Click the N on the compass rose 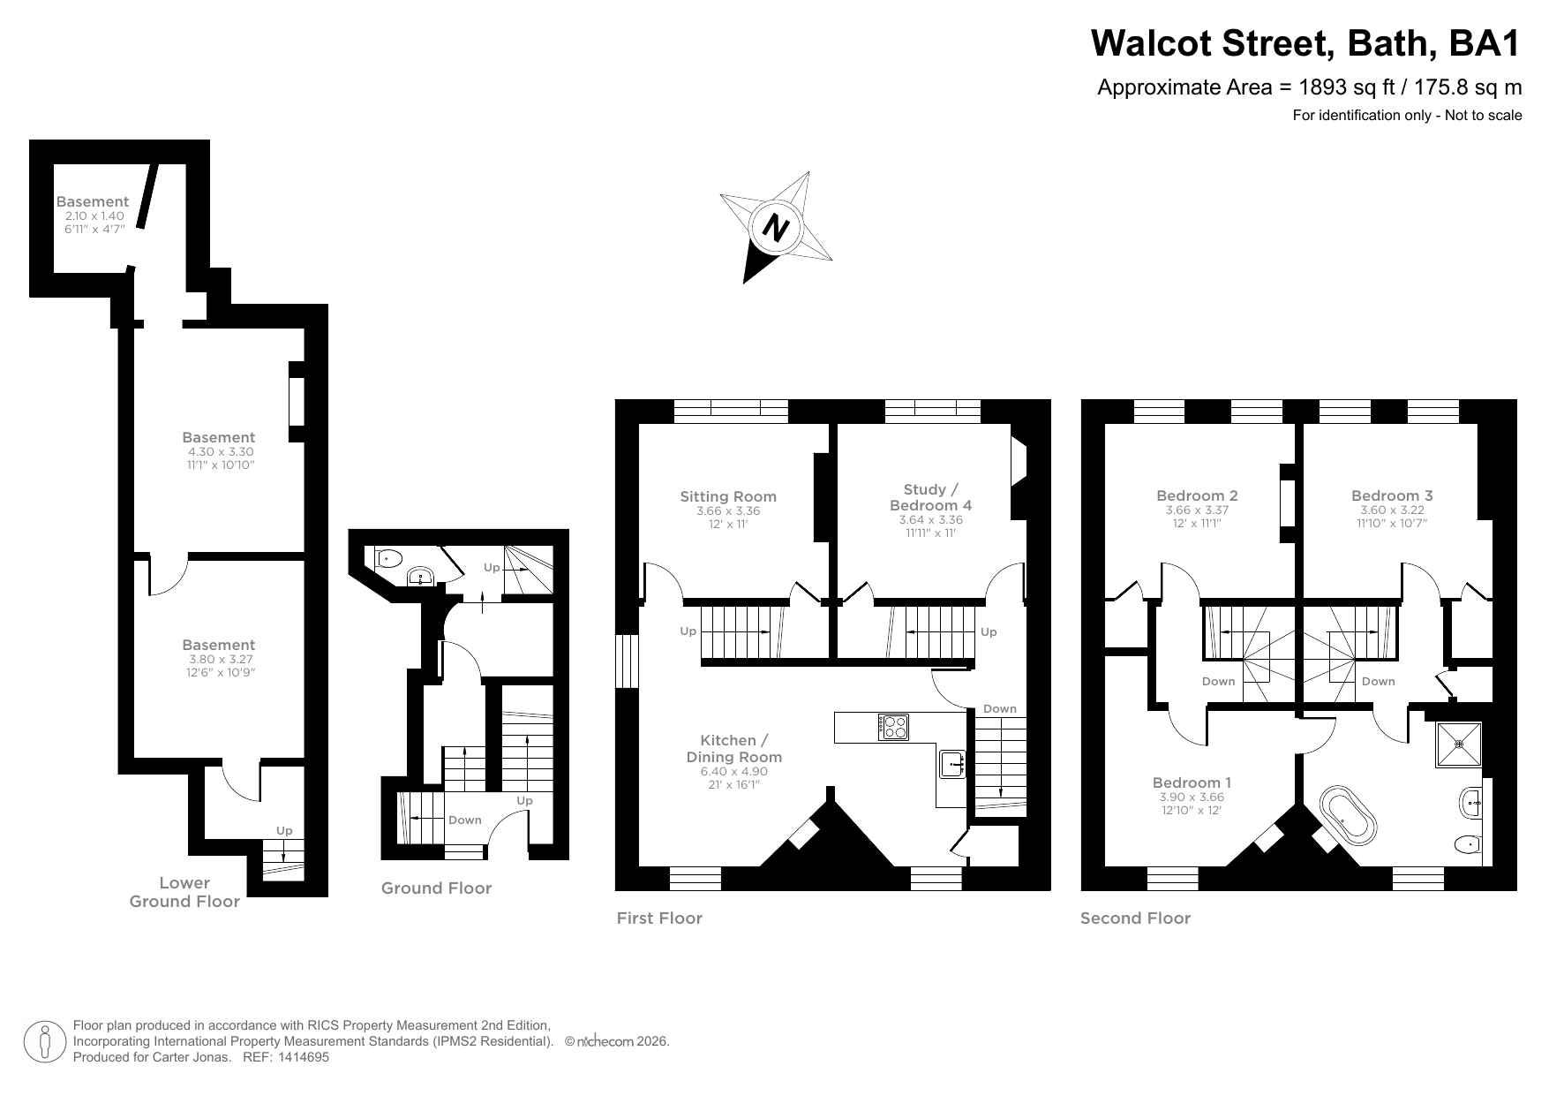click(776, 228)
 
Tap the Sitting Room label click(728, 496)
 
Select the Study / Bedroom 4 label click(930, 497)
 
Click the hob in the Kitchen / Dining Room click(893, 726)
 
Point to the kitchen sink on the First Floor click(952, 762)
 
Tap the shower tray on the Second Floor click(1458, 744)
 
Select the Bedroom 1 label click(1192, 782)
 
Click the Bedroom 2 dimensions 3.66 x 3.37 click(1197, 510)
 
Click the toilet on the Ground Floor click(388, 558)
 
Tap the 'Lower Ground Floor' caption click(184, 892)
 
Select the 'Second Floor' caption click(1135, 918)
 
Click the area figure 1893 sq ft click(1342, 87)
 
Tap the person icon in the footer click(46, 1042)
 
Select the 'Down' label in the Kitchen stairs click(1000, 708)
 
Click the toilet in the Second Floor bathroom click(1465, 844)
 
